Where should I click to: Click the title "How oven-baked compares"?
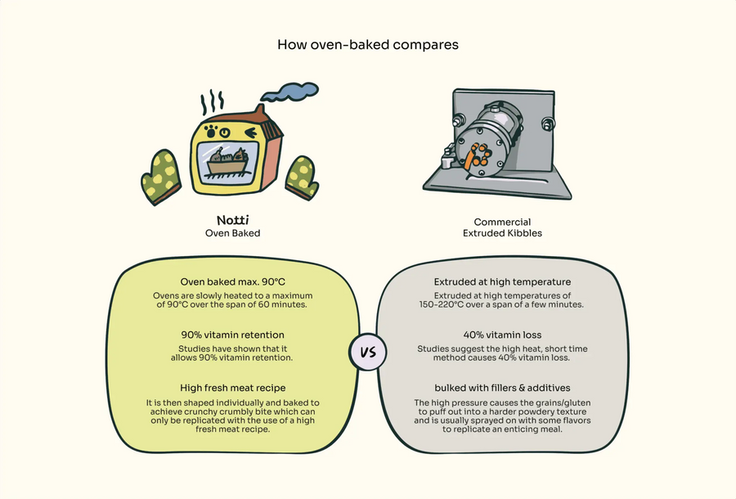click(x=367, y=44)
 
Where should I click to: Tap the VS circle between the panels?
click(x=367, y=353)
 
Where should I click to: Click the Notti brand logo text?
click(x=232, y=221)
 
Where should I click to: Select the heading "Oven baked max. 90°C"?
click(x=232, y=282)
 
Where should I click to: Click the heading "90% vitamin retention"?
click(x=232, y=335)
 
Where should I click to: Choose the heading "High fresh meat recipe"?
click(x=232, y=387)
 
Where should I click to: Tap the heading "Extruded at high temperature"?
click(x=503, y=282)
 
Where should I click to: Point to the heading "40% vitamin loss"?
click(x=503, y=335)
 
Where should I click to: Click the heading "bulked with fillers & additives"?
click(x=503, y=387)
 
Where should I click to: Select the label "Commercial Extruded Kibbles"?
click(x=503, y=227)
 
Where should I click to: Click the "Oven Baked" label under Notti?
click(x=232, y=233)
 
